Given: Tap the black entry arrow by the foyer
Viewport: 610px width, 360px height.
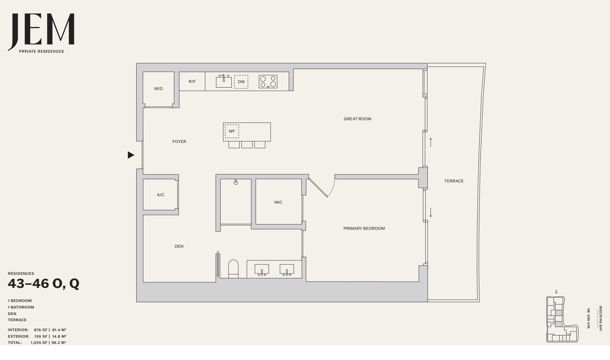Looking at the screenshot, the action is click(131, 155).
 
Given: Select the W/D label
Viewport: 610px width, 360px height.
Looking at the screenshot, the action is click(158, 89).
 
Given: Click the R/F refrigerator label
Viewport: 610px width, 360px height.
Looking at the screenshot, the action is click(192, 81).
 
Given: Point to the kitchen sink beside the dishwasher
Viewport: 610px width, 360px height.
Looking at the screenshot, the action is click(224, 81).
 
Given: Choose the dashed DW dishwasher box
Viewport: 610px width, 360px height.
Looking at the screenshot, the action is click(241, 82).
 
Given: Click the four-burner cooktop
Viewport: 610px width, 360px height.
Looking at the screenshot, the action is click(268, 81).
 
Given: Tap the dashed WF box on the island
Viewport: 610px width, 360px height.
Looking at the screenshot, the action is click(232, 131).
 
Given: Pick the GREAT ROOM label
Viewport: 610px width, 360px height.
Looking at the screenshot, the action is click(357, 119).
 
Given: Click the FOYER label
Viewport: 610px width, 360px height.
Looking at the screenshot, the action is click(179, 142).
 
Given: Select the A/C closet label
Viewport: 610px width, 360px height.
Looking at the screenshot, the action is click(161, 195).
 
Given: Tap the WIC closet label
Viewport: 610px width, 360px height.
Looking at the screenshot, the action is click(278, 202).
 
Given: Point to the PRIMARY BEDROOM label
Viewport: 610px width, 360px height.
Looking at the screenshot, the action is click(364, 228).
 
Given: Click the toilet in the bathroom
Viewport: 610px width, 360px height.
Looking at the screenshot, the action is click(233, 269).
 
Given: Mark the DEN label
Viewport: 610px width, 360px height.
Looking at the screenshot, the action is click(179, 246).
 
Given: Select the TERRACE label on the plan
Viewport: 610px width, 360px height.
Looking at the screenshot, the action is click(454, 181).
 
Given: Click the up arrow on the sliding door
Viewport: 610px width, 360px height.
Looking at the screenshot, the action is click(430, 142).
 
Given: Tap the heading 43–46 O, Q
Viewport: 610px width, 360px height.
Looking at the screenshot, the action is click(44, 284).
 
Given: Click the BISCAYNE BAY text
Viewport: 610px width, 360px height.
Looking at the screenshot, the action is click(600, 318).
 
